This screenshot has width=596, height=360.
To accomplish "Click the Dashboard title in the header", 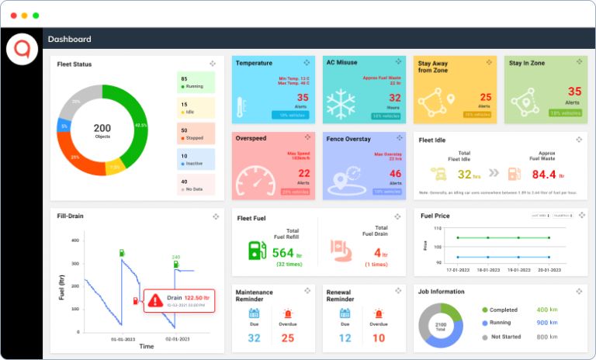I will pos(69,40).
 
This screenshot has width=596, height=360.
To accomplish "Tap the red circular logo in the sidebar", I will pos(21,50).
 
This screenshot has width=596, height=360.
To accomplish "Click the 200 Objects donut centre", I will pos(102,130).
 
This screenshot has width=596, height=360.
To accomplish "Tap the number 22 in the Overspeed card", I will pos(303,174).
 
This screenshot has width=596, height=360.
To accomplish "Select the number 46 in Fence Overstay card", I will pos(395,174).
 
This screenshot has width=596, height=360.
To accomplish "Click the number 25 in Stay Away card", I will pos(485,98).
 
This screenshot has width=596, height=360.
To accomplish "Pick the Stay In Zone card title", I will pos(527,64).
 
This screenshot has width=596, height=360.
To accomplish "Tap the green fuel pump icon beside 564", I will pos(255,250).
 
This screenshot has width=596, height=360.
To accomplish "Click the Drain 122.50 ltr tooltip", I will pos(180,299).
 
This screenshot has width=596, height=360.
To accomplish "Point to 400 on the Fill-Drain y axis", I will pos(75,241).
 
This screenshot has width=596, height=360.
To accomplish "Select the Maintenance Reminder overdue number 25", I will pos(287,338).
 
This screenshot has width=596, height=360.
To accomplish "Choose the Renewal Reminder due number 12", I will pos(345,338).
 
